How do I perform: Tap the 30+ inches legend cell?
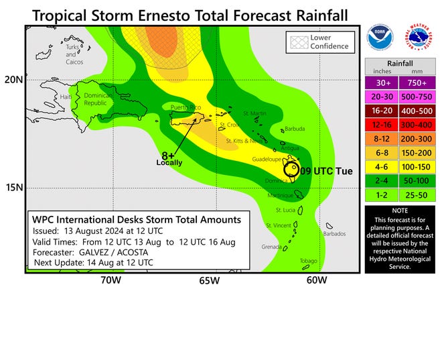pyautogui.click(x=382, y=83)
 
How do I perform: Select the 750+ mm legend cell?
pyautogui.click(x=417, y=83)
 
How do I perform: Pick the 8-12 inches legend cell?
pyautogui.click(x=382, y=138)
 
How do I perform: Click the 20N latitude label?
pyautogui.click(x=13, y=79)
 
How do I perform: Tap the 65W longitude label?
pyautogui.click(x=208, y=281)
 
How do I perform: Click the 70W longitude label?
pyautogui.click(x=111, y=281)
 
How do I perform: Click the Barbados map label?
pyautogui.click(x=334, y=234)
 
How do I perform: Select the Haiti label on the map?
pyautogui.click(x=66, y=97)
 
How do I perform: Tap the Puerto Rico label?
pyautogui.click(x=186, y=108)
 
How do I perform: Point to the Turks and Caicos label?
pyautogui.click(x=72, y=55)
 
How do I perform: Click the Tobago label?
pyautogui.click(x=307, y=261)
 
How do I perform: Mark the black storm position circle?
pyautogui.click(x=291, y=169)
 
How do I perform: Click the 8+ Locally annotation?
pyautogui.click(x=169, y=158)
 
